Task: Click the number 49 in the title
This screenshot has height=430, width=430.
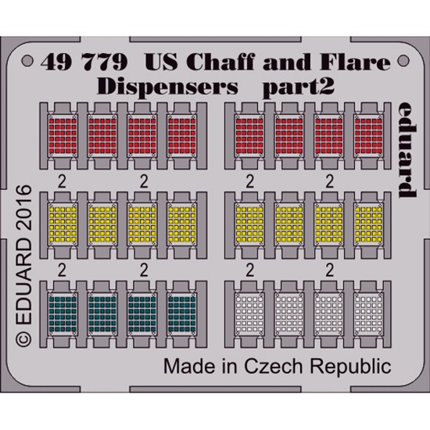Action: tap(56, 63)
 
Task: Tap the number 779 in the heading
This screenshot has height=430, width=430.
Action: tap(106, 63)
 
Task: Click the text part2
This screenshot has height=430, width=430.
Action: tap(299, 88)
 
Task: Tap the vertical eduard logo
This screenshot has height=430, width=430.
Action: tap(407, 150)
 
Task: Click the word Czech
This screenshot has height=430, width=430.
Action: tap(273, 367)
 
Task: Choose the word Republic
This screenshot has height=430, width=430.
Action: tap(350, 367)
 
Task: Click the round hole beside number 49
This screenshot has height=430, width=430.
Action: tap(27, 61)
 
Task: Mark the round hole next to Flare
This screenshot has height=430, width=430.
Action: tap(403, 61)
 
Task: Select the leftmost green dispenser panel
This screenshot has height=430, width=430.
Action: tap(63, 314)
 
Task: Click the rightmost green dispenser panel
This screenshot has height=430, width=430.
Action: tap(182, 314)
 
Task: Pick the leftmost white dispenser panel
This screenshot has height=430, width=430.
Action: tap(249, 314)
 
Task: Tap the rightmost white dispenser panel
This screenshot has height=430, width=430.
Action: tap(368, 314)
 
